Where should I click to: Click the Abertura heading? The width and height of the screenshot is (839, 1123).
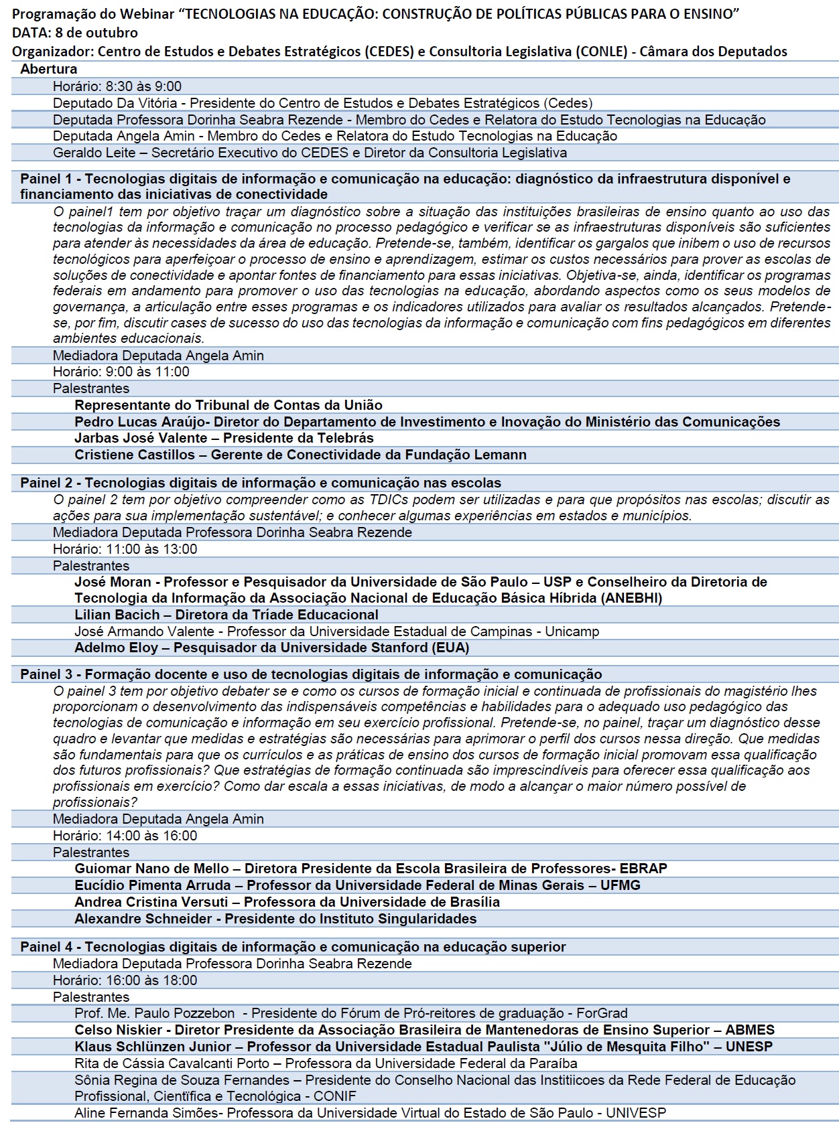pos(48,69)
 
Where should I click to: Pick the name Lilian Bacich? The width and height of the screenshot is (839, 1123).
pos(117,615)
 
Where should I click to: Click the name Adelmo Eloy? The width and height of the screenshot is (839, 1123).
pos(116,648)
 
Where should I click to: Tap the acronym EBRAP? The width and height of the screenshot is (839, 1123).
pos(643,869)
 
